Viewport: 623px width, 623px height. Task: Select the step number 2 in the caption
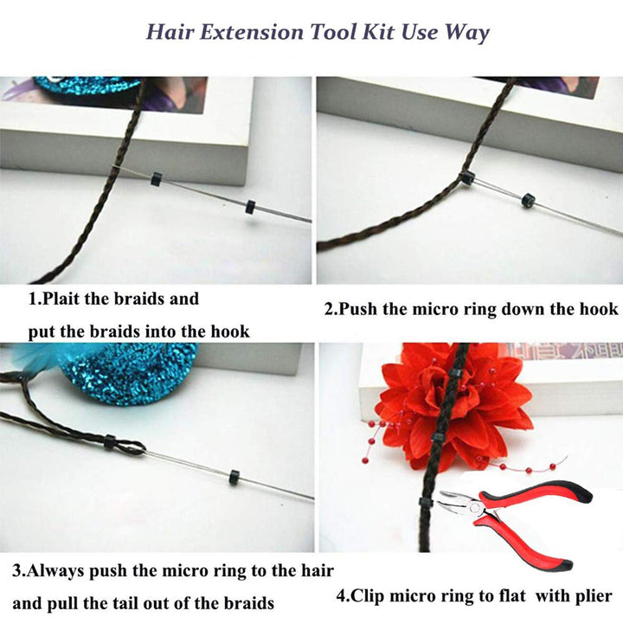coord(330,309)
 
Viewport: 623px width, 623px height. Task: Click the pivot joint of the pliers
coord(474,506)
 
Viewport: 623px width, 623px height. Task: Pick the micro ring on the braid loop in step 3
coord(110,442)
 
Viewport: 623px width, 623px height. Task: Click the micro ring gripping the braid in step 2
coord(467,177)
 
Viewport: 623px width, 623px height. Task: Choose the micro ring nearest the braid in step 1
coord(156,179)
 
